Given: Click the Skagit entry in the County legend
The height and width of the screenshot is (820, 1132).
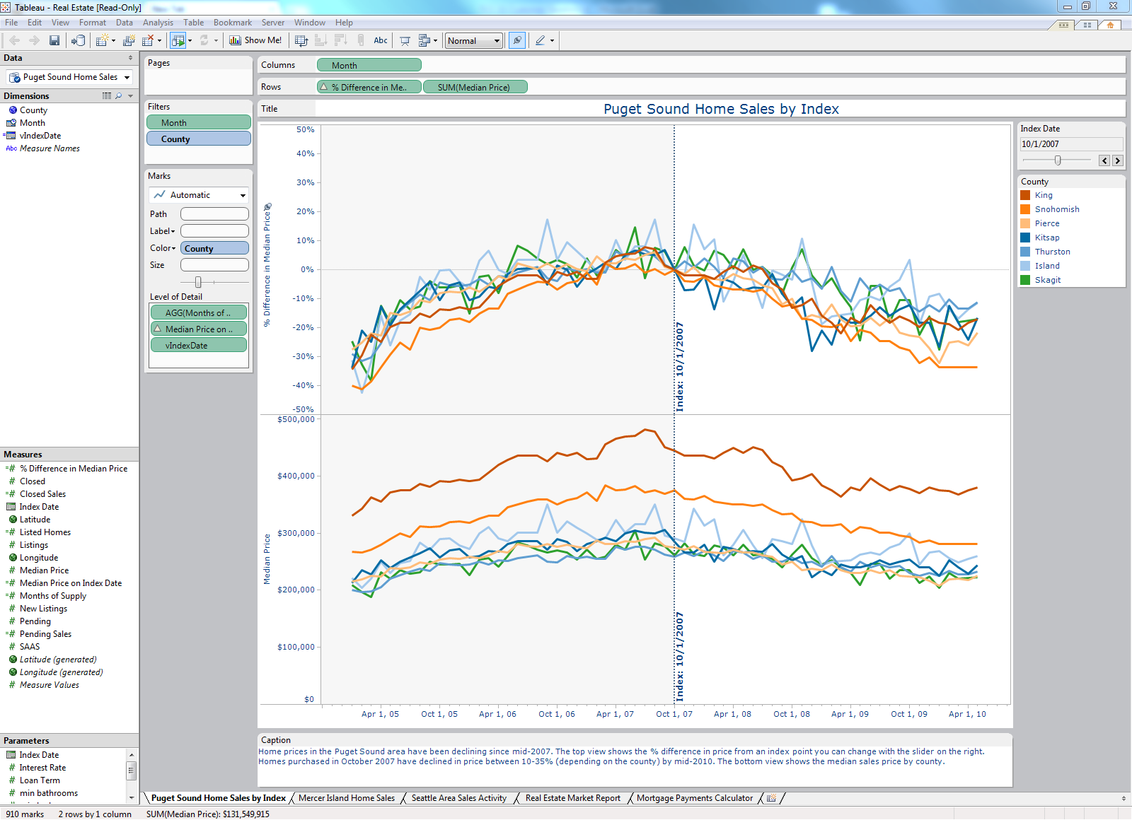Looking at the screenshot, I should click(1047, 280).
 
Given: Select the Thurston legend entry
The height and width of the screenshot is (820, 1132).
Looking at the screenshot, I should click(1052, 252).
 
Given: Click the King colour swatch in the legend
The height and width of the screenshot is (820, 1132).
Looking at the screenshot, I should click(1025, 195).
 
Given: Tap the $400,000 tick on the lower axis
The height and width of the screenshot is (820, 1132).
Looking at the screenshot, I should click(296, 476).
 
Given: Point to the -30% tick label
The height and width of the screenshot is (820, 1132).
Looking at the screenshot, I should click(303, 356).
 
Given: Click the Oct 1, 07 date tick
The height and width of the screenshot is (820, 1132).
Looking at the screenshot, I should click(674, 714).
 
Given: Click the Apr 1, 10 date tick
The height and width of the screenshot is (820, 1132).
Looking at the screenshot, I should click(966, 714).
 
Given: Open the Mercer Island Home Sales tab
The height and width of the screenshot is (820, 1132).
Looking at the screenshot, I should click(346, 798).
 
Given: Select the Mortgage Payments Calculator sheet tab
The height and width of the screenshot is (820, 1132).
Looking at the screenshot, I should click(694, 798).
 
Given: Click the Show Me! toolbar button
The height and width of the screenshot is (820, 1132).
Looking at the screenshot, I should click(255, 40).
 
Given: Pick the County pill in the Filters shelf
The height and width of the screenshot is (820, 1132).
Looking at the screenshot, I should click(198, 139).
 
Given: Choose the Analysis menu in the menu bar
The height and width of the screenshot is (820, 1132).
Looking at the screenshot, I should click(158, 23).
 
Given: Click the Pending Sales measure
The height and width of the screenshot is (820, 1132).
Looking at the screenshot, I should click(45, 634).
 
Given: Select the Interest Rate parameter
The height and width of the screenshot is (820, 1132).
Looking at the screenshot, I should click(42, 768).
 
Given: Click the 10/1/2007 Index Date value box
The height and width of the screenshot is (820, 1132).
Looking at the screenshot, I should click(1070, 144).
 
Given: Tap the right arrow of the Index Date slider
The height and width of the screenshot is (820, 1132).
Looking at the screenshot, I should click(1118, 160).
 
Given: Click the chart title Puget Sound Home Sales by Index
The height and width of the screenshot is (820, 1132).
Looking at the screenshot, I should click(720, 109).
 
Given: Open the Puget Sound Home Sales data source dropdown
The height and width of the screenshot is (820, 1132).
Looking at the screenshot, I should click(127, 77).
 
